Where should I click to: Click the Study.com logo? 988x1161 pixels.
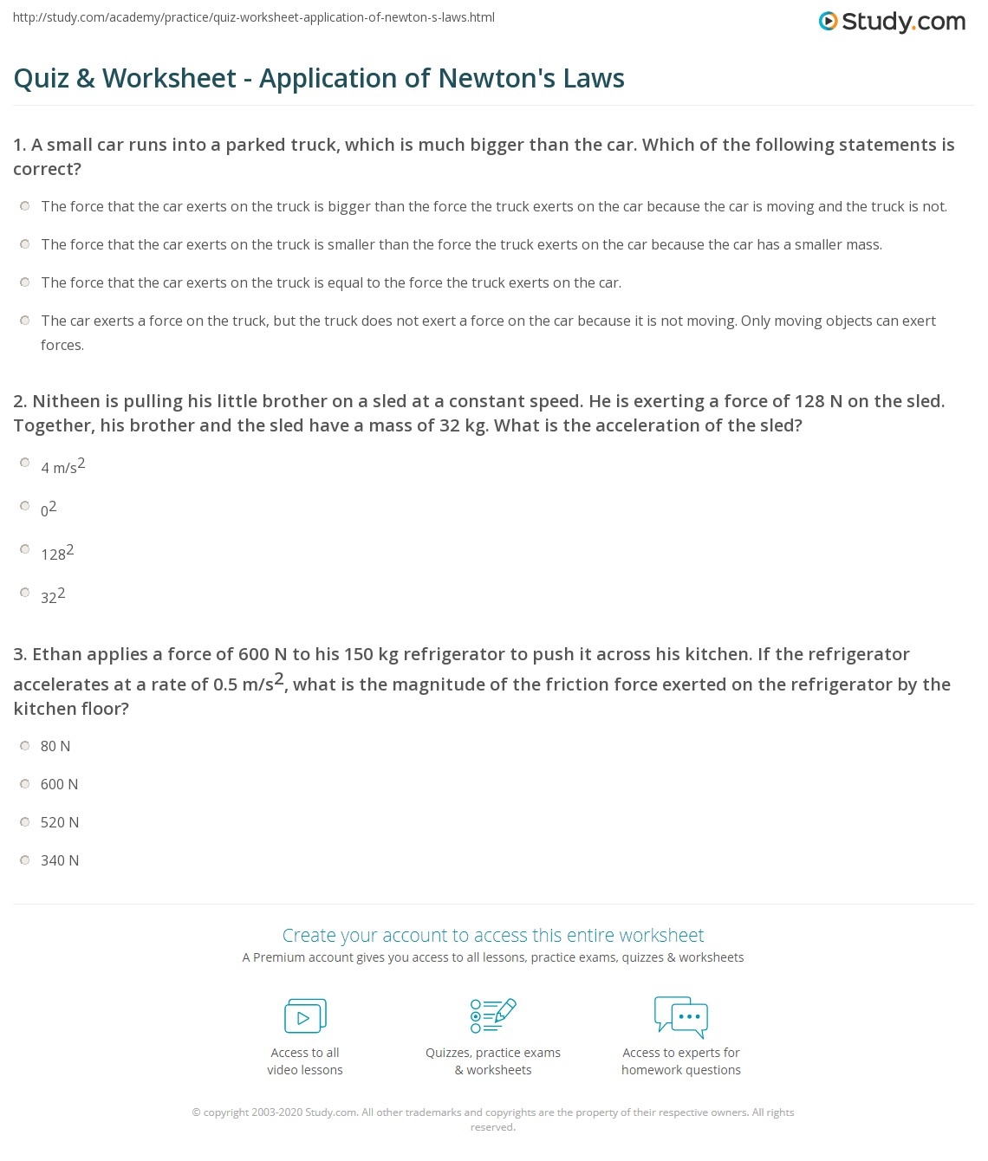click(x=892, y=21)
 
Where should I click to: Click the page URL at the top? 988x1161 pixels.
click(x=254, y=17)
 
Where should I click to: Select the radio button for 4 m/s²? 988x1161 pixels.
click(x=25, y=463)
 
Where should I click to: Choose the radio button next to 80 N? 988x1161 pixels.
click(x=25, y=745)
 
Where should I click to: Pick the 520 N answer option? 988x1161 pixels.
click(x=59, y=822)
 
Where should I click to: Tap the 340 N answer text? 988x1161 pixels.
click(x=59, y=860)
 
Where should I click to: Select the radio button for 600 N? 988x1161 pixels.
click(x=25, y=783)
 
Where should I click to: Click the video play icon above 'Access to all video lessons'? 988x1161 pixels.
click(x=305, y=1016)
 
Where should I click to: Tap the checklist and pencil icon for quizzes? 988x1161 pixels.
click(x=493, y=1015)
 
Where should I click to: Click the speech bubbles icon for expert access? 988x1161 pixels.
click(x=681, y=1016)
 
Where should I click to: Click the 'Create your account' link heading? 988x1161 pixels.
click(x=493, y=935)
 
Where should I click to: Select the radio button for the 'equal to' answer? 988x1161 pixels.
click(x=25, y=282)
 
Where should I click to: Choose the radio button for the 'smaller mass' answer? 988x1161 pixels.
click(x=25, y=243)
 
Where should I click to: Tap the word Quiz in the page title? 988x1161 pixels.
click(x=41, y=78)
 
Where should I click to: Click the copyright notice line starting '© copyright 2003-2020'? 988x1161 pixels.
click(x=492, y=1112)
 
